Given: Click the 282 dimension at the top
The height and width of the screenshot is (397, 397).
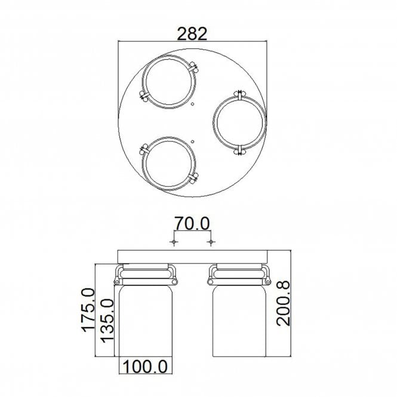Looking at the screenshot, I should (x=192, y=34).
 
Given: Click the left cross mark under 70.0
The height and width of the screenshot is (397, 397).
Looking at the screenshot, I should (x=173, y=242).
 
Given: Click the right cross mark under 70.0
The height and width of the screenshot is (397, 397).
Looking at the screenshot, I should (x=210, y=242).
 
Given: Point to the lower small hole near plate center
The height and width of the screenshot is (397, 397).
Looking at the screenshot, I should (x=193, y=141).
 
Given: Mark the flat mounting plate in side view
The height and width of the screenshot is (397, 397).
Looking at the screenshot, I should (x=192, y=257).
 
